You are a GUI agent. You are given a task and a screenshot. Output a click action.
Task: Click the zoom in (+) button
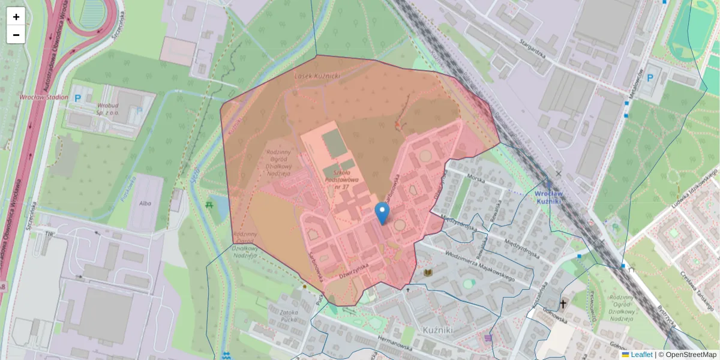(16, 16)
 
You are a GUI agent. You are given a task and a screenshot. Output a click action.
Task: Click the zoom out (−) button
(16, 35)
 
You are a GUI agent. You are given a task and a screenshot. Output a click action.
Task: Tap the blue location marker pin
(382, 213)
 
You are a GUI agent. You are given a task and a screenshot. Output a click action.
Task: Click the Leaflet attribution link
(641, 355)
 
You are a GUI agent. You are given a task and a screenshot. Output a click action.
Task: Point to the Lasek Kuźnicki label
(317, 76)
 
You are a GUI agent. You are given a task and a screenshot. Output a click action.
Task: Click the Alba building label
(145, 203)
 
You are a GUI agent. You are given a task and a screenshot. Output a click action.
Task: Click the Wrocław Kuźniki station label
(548, 199)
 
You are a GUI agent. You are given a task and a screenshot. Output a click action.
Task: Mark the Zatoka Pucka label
(284, 316)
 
